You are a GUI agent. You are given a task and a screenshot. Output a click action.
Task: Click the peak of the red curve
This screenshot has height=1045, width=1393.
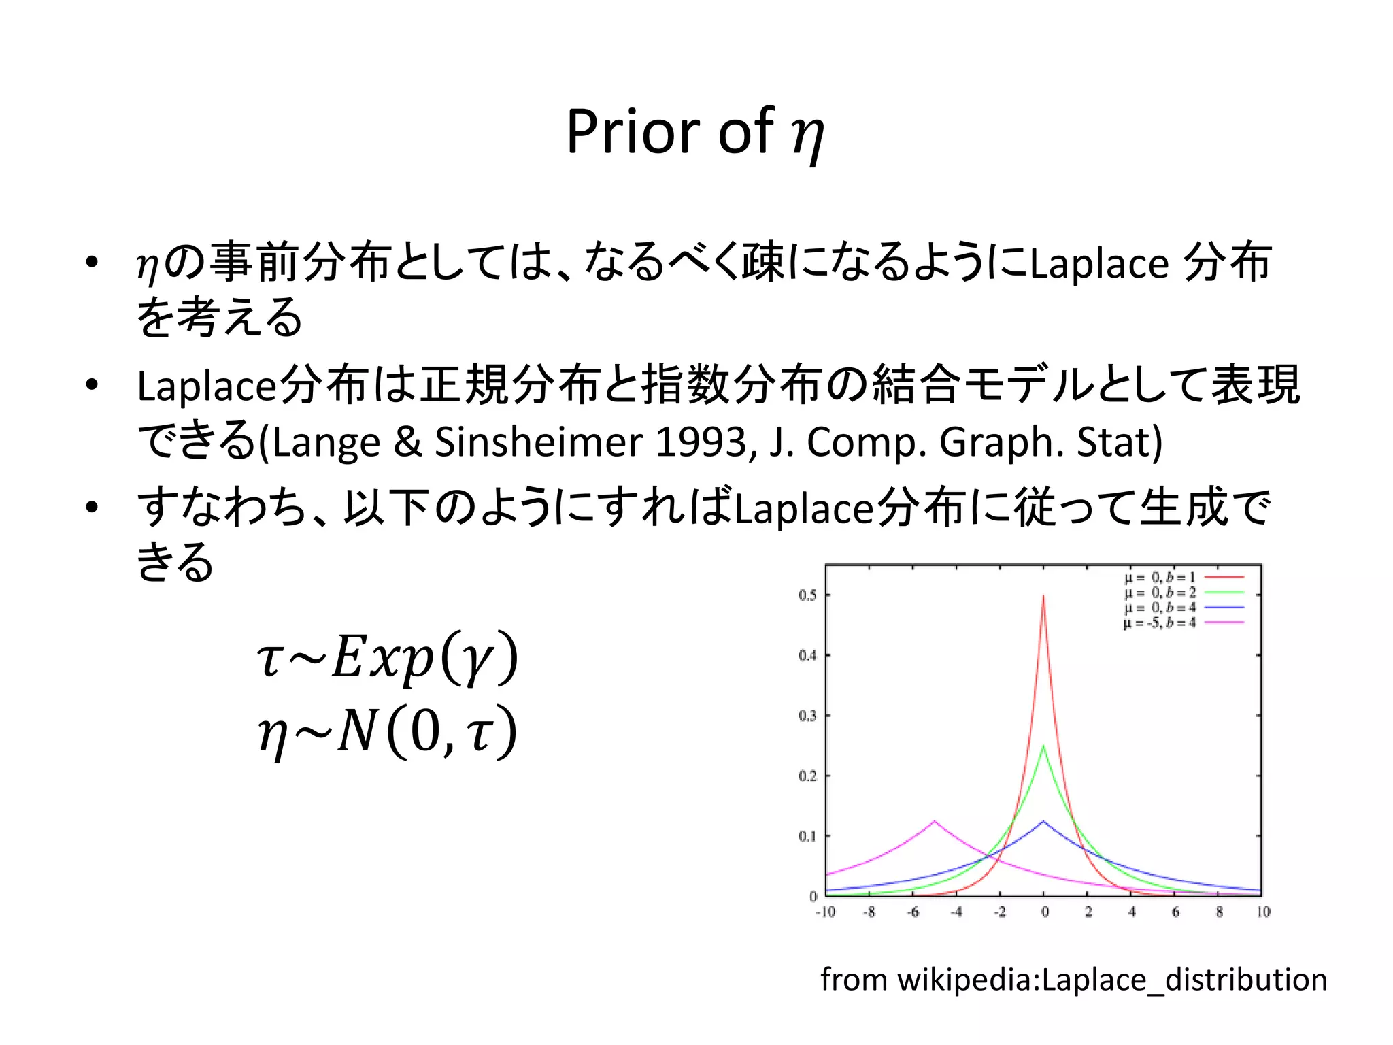coord(1043,597)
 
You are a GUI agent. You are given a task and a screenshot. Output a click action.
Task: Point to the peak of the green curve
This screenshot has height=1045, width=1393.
coord(1043,746)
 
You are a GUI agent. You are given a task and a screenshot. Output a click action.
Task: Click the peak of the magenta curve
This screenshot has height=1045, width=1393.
coord(935,822)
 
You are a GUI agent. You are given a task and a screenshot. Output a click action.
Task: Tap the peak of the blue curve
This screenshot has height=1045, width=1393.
coord(1043,822)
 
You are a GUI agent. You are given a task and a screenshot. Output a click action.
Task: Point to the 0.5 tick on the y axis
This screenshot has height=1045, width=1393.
coord(807,595)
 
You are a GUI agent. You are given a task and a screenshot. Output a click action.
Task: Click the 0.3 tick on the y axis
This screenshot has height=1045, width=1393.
coord(807,716)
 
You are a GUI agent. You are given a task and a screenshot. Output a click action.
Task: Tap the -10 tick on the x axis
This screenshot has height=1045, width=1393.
coord(825,912)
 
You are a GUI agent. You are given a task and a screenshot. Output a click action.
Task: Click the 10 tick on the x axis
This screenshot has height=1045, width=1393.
coord(1263,912)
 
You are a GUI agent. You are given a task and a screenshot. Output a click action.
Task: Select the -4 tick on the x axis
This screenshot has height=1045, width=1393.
coord(956,912)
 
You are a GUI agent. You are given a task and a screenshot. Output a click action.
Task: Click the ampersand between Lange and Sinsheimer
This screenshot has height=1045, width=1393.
coord(407,442)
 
